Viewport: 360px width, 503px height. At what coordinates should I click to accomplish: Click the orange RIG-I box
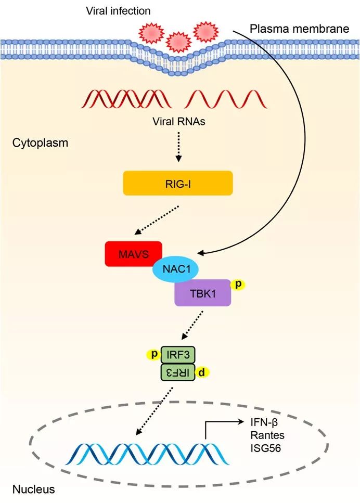point(177,183)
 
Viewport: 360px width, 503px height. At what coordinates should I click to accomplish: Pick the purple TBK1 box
point(203,293)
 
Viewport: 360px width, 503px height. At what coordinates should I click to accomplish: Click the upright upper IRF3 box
point(178,355)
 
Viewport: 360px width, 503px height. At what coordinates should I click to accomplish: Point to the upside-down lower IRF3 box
point(178,372)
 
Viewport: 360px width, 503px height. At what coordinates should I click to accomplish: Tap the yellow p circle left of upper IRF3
point(155,354)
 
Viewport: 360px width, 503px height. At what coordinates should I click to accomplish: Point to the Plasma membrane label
point(299,29)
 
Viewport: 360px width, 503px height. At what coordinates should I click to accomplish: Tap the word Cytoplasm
point(40,142)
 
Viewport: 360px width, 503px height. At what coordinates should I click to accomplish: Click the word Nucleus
point(33,489)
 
